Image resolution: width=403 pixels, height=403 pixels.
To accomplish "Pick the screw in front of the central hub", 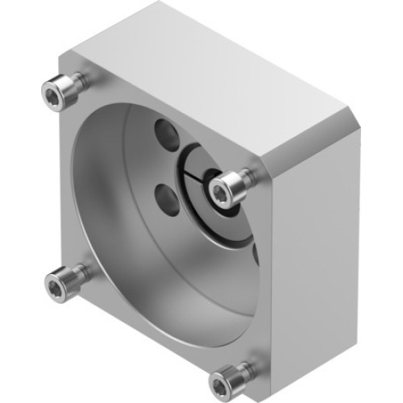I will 222,189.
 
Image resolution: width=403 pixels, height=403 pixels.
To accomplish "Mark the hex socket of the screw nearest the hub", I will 218,190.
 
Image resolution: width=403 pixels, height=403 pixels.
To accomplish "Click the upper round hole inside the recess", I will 165,131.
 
